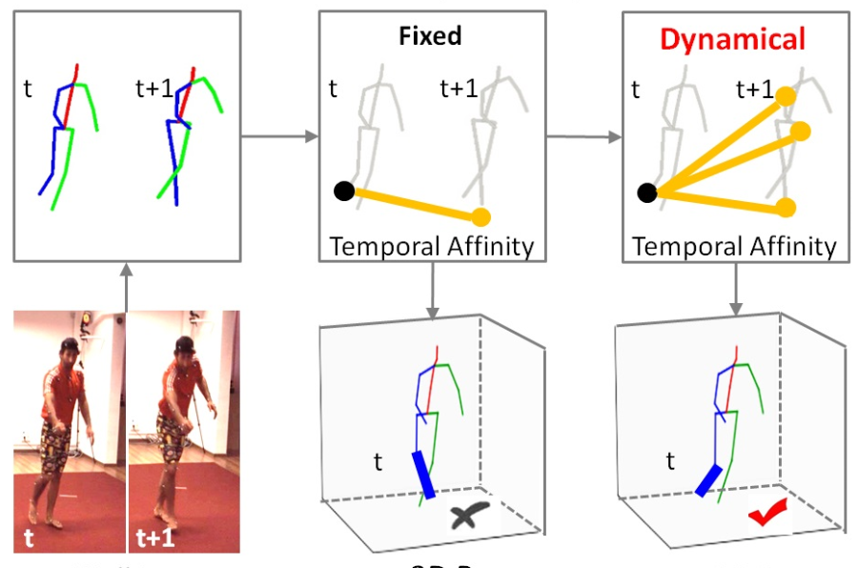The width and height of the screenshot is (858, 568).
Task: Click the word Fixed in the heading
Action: (431, 36)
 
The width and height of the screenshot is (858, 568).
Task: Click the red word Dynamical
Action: (733, 38)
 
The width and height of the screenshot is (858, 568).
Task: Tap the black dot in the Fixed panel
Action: (344, 192)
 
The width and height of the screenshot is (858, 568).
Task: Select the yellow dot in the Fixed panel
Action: (481, 216)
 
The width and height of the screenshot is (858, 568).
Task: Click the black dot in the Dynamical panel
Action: (647, 193)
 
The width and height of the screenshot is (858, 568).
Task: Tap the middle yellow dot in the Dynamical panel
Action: (801, 131)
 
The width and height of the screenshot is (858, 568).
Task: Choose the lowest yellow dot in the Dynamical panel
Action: (786, 207)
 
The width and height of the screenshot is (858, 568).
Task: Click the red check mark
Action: (764, 516)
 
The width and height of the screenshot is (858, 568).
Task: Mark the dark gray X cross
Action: (467, 517)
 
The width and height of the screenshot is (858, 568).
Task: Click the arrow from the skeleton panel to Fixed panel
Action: (281, 137)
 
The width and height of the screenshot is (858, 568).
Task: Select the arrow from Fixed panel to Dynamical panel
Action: (582, 137)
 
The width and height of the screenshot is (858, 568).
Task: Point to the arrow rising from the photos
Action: (127, 286)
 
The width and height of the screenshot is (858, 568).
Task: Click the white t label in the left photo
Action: (30, 538)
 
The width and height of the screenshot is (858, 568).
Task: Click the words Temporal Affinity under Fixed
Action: (431, 247)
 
